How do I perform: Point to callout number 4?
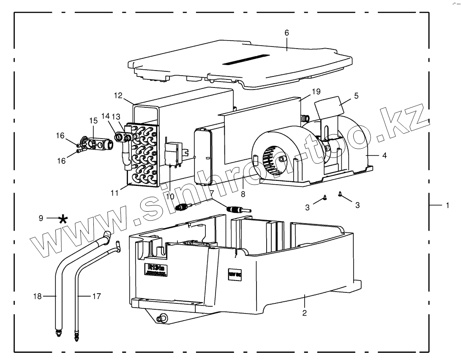coord(384,155)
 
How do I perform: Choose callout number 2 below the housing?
coord(304,313)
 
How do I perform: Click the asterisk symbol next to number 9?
coord(63,218)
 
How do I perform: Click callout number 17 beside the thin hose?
coord(96,297)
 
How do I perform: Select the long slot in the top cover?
coord(246,59)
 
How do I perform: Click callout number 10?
coord(170,196)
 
